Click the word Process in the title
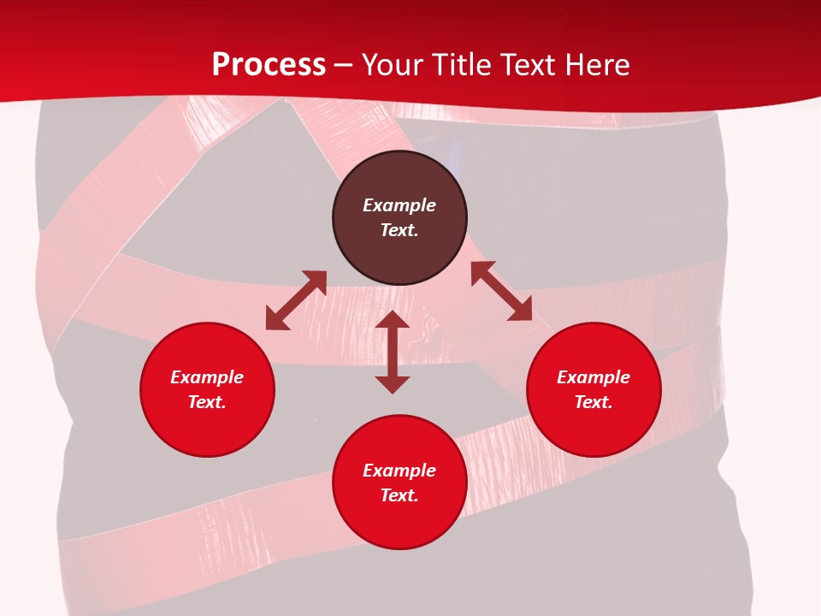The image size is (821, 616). [269, 65]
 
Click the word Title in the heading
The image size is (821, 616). [459, 65]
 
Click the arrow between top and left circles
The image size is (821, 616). [296, 300]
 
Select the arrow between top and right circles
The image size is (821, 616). [501, 292]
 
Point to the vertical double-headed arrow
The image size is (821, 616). [393, 352]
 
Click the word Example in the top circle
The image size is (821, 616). [399, 205]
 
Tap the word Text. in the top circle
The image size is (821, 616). [399, 230]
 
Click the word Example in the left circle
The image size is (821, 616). [207, 377]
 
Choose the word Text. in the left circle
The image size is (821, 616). [207, 402]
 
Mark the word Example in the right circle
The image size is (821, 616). [594, 377]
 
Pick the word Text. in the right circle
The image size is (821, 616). [594, 402]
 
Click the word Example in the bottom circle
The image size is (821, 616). [399, 471]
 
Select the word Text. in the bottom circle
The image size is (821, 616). [399, 495]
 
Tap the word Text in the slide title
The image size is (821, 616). [527, 65]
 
